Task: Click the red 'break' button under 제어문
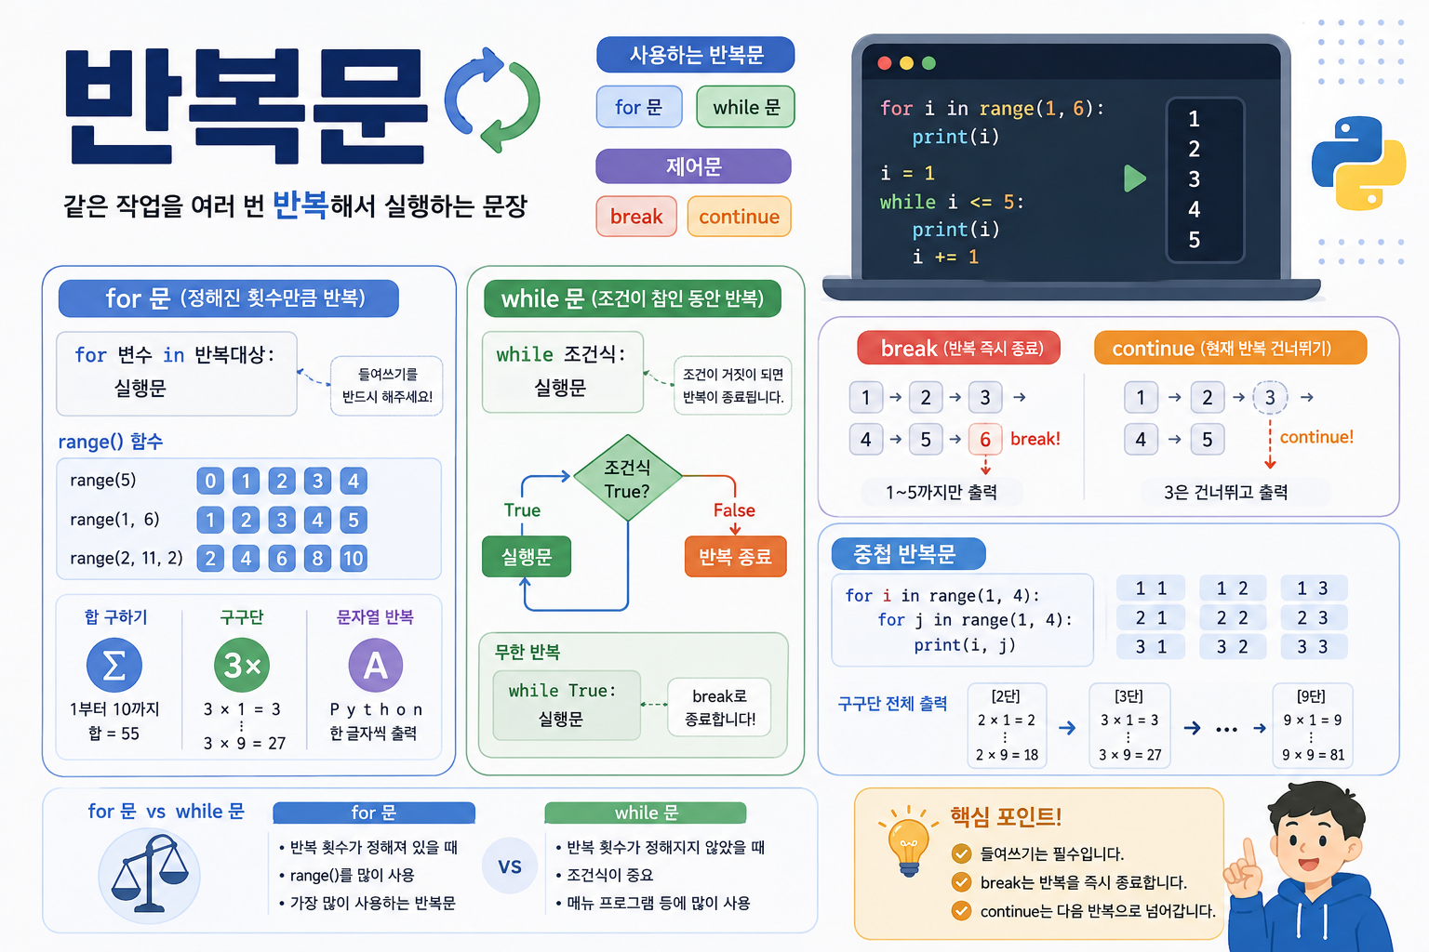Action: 636,217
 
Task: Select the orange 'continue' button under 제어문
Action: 739,217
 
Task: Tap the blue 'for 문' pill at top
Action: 638,107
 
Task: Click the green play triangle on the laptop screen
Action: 1134,178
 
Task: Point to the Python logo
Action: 1358,164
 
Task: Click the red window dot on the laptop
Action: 884,63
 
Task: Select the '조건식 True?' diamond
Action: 628,478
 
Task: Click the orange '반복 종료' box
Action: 735,557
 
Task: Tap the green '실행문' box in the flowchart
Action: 527,557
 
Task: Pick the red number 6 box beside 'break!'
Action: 985,439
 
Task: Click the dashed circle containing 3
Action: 1270,397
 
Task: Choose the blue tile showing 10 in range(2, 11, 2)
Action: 353,559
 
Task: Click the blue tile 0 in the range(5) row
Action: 210,481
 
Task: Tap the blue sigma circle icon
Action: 114,665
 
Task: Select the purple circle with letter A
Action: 375,665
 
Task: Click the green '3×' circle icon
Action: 242,665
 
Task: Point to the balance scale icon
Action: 150,874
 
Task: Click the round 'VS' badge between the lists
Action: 510,866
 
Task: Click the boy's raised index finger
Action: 1249,852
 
